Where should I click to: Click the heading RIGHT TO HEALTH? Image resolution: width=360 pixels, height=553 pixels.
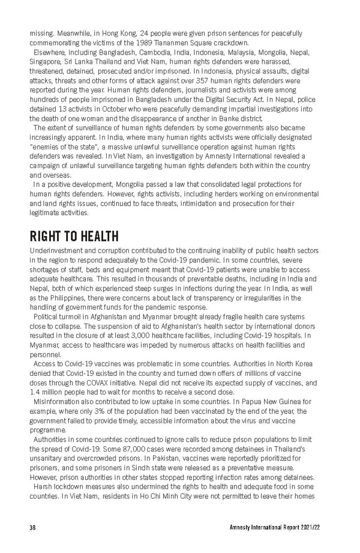click(74, 236)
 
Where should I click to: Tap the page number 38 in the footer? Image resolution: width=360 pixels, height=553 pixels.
click(34, 527)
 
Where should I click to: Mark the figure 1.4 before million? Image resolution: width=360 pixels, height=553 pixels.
click(35, 393)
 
